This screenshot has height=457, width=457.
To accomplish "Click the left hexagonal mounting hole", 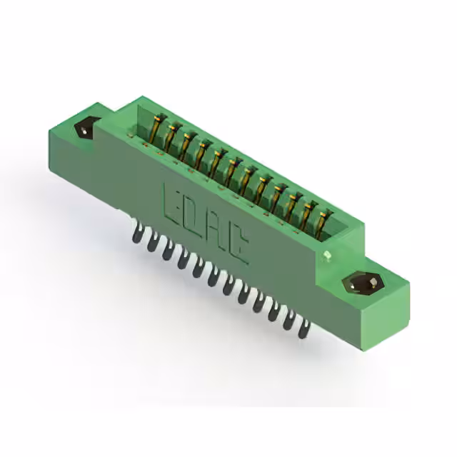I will point(84,130).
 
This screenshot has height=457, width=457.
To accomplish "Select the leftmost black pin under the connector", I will point(138,233).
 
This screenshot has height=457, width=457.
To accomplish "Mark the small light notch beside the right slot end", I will point(328,254).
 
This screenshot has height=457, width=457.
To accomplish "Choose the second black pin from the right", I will point(289,321).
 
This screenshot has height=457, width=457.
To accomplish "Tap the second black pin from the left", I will point(152,243).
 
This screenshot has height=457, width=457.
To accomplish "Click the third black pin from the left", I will point(167,251).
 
